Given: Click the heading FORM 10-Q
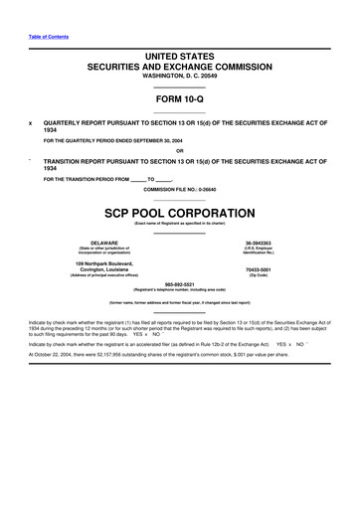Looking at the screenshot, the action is (x=179, y=100).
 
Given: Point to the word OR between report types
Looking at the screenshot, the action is (x=179, y=151).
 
